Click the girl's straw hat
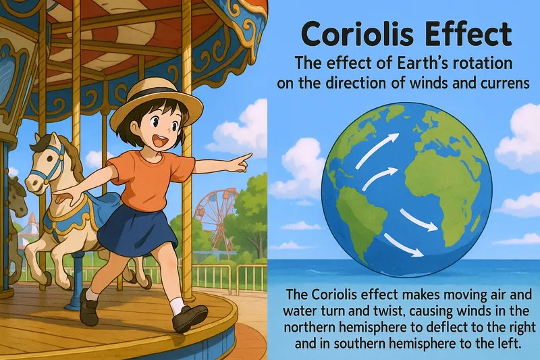pos(157,100)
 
